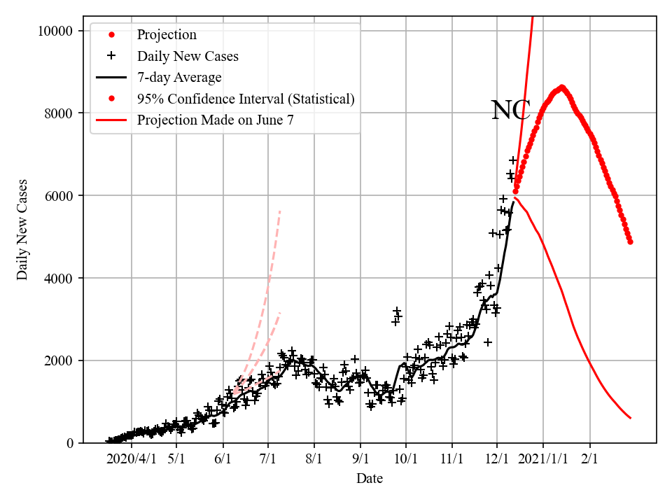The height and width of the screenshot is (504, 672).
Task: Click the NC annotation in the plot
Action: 511,111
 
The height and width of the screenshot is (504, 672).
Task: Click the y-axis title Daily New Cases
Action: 23,230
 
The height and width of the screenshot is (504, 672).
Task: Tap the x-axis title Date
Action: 369,479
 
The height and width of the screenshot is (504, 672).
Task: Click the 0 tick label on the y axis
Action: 69,444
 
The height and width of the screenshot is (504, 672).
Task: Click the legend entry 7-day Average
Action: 179,78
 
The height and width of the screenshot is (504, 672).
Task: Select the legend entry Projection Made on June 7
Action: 215,120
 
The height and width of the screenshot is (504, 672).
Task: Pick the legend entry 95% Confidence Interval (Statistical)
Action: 246,99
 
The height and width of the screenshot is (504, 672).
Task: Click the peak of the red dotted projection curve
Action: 561,87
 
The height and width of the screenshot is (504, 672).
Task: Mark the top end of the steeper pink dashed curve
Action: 280,210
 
